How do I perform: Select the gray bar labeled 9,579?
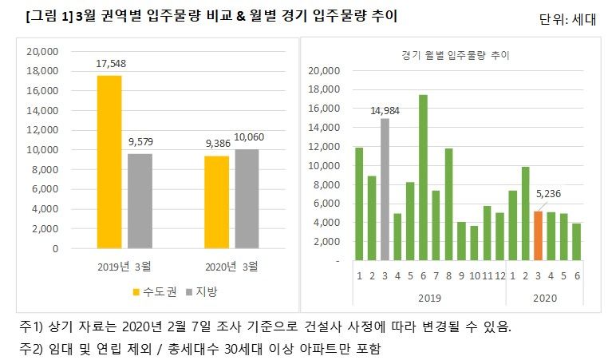pos(139,201)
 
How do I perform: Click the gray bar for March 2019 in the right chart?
pos(385,189)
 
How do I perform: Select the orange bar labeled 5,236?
pos(539,235)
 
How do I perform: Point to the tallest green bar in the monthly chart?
pos(423,177)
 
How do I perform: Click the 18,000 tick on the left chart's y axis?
pos(43,71)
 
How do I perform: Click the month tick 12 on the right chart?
pos(499,276)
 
